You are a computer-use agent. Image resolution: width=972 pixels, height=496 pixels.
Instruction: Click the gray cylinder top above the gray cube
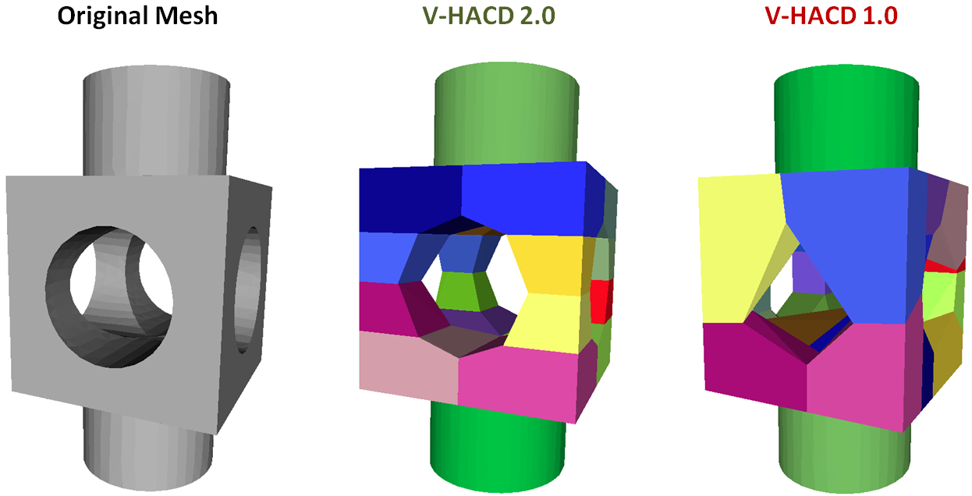click(156, 117)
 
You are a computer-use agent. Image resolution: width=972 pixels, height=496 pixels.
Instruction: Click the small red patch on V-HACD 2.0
click(600, 300)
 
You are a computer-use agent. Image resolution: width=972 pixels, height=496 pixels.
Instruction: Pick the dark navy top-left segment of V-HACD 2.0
click(410, 199)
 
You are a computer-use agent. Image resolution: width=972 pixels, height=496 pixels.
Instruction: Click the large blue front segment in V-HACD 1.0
click(850, 234)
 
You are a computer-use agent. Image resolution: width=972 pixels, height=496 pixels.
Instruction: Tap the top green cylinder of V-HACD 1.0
click(843, 117)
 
